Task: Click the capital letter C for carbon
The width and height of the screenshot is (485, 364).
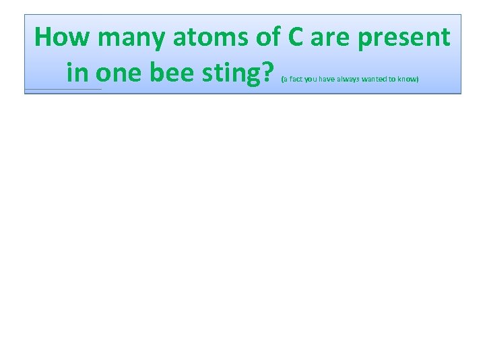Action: [297, 38]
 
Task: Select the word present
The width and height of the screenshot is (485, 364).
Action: [404, 38]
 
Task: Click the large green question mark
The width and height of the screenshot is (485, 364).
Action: [270, 71]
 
